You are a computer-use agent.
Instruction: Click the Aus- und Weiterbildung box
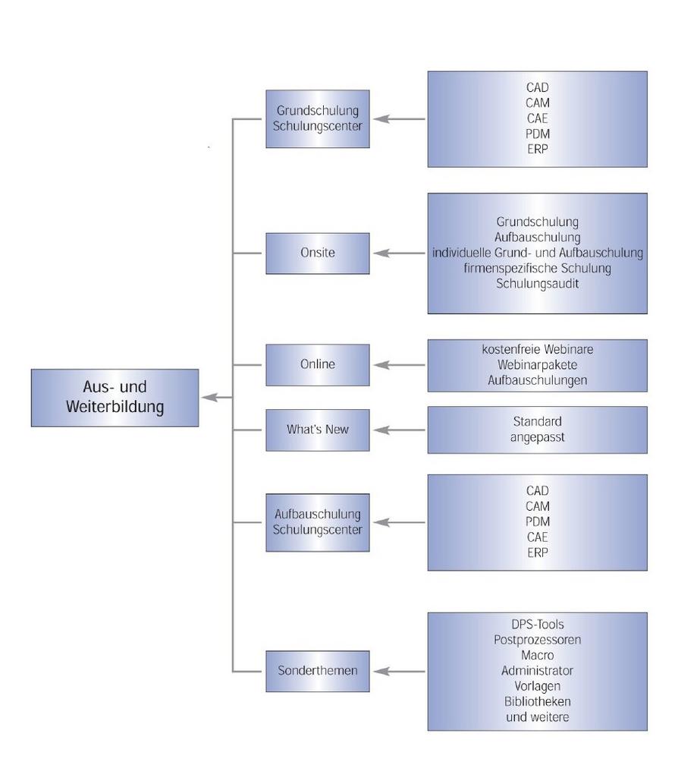pyautogui.click(x=115, y=398)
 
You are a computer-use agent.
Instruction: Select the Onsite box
pyautogui.click(x=318, y=254)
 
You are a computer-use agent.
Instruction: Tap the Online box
pyautogui.click(x=318, y=364)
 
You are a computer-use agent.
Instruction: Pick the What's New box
pyautogui.click(x=318, y=430)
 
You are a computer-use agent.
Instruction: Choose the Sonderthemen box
pyautogui.click(x=318, y=671)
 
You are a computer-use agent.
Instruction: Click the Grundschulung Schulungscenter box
pyautogui.click(x=318, y=118)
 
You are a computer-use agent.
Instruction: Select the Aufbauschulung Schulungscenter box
pyautogui.click(x=318, y=522)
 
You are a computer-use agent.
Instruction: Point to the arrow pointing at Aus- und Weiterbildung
pyautogui.click(x=217, y=398)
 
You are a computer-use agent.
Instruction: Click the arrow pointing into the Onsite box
pyautogui.click(x=399, y=254)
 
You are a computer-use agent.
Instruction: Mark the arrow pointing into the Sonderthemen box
pyautogui.click(x=399, y=671)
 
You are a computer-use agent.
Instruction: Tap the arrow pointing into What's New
pyautogui.click(x=399, y=430)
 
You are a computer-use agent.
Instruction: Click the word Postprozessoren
pyautogui.click(x=537, y=640)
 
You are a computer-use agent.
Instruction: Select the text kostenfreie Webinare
pyautogui.click(x=537, y=349)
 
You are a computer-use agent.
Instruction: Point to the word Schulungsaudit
pyautogui.click(x=537, y=284)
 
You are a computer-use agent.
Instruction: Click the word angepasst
pyautogui.click(x=537, y=437)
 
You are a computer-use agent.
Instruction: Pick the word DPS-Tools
pyautogui.click(x=537, y=625)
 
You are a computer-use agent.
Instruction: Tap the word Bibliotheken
pyautogui.click(x=537, y=701)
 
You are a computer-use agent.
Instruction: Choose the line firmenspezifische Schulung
pyautogui.click(x=537, y=268)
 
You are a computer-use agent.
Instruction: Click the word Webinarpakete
pyautogui.click(x=537, y=365)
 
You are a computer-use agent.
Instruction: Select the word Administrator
pyautogui.click(x=537, y=671)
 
